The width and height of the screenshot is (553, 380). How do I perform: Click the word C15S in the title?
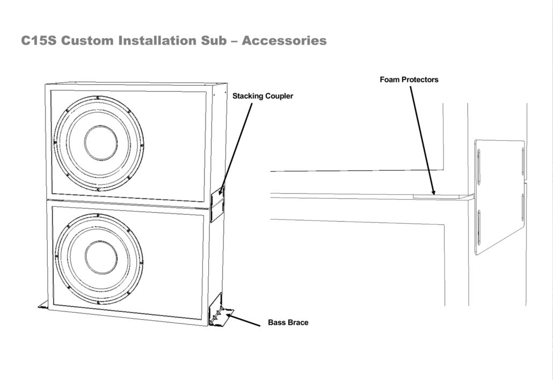39,41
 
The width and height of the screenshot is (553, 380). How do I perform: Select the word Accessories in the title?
284,41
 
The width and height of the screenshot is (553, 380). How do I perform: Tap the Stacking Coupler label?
263,97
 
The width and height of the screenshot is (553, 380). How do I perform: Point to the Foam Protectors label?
409,80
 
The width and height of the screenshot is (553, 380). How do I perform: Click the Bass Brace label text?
288,323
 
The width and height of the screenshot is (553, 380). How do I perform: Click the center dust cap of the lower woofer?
100,257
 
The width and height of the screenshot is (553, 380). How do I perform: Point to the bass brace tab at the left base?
43,305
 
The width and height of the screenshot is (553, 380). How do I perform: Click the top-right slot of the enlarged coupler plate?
522,161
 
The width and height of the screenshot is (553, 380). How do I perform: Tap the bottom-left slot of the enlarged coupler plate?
479,228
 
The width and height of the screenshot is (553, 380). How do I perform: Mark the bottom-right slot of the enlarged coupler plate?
522,207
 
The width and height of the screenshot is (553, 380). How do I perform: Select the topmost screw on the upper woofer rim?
98,97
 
